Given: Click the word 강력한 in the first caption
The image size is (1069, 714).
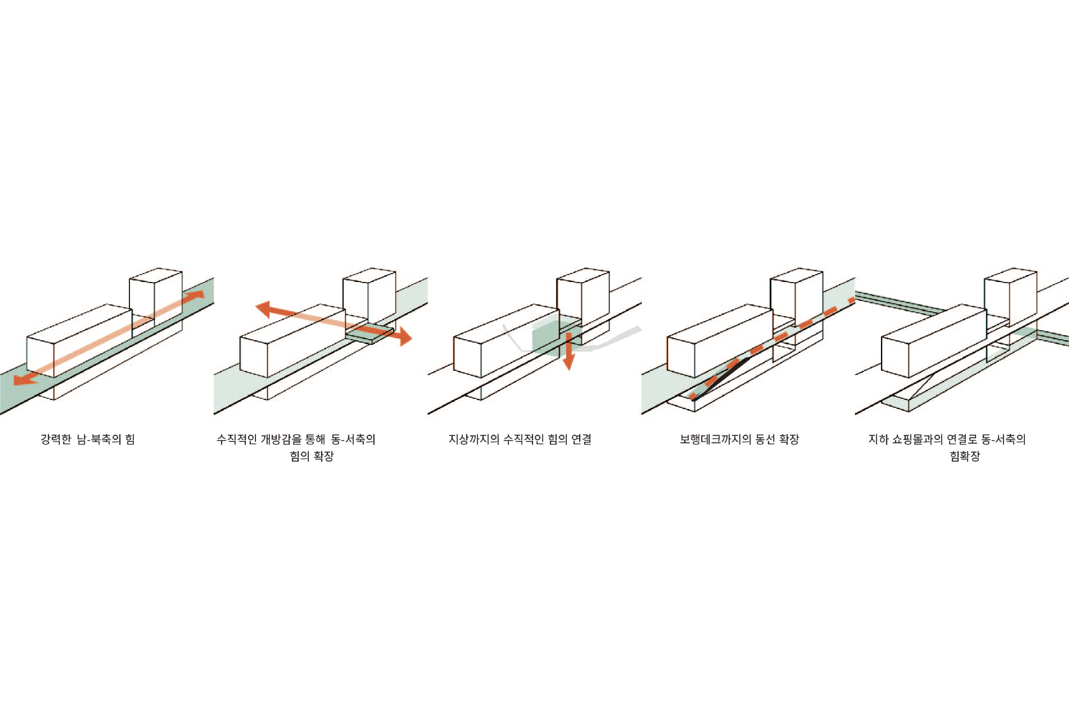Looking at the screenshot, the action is (x=56, y=440).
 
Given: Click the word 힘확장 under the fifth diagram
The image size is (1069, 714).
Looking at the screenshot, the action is (x=965, y=456).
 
